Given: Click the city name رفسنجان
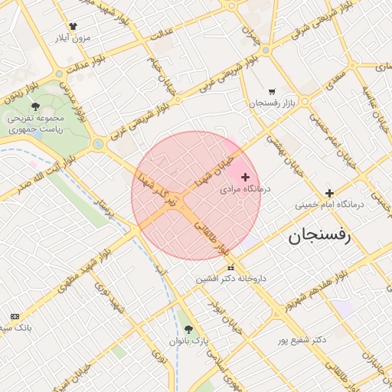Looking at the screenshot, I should (x=318, y=237).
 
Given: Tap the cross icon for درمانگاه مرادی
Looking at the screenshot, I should (x=245, y=177).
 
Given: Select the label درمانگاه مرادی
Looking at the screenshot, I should (x=240, y=188).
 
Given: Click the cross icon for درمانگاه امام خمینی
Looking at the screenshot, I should (x=329, y=194).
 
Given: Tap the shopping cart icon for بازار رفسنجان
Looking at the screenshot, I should (x=272, y=92).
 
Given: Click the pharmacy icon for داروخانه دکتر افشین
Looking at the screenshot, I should (x=231, y=267).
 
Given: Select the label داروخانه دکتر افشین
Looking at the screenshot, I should (x=230, y=279).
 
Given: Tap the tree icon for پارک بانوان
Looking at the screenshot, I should (x=189, y=329).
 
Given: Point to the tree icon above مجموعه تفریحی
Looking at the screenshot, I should (x=35, y=106).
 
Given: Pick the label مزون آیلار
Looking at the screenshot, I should (x=73, y=37).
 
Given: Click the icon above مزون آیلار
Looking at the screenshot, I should (x=73, y=25).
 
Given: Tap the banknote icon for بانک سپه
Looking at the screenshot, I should (x=15, y=316).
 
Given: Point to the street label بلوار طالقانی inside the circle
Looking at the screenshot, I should (x=212, y=238).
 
